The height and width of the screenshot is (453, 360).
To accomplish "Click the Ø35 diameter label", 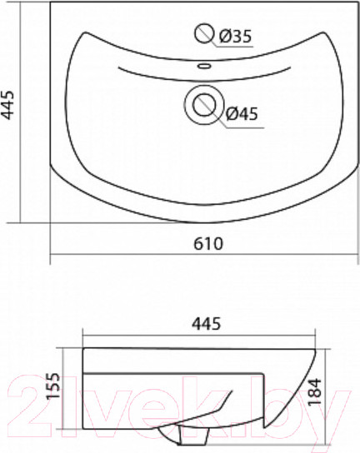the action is [x=235, y=37].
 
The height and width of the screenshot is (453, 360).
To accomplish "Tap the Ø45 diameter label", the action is [x=241, y=113].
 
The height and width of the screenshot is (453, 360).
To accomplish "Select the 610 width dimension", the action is [x=208, y=244].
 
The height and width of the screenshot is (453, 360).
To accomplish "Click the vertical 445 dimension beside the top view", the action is [x=8, y=105].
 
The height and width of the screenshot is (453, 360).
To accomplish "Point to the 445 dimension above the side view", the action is [x=207, y=324].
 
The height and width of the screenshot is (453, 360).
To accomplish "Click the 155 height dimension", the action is [x=53, y=386].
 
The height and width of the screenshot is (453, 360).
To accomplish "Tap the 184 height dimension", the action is [x=315, y=391].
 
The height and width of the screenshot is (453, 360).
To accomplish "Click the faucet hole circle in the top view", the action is [x=204, y=33].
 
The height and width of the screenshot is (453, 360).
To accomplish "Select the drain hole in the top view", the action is [x=204, y=105].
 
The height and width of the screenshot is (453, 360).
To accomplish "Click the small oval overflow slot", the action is [x=204, y=66].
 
